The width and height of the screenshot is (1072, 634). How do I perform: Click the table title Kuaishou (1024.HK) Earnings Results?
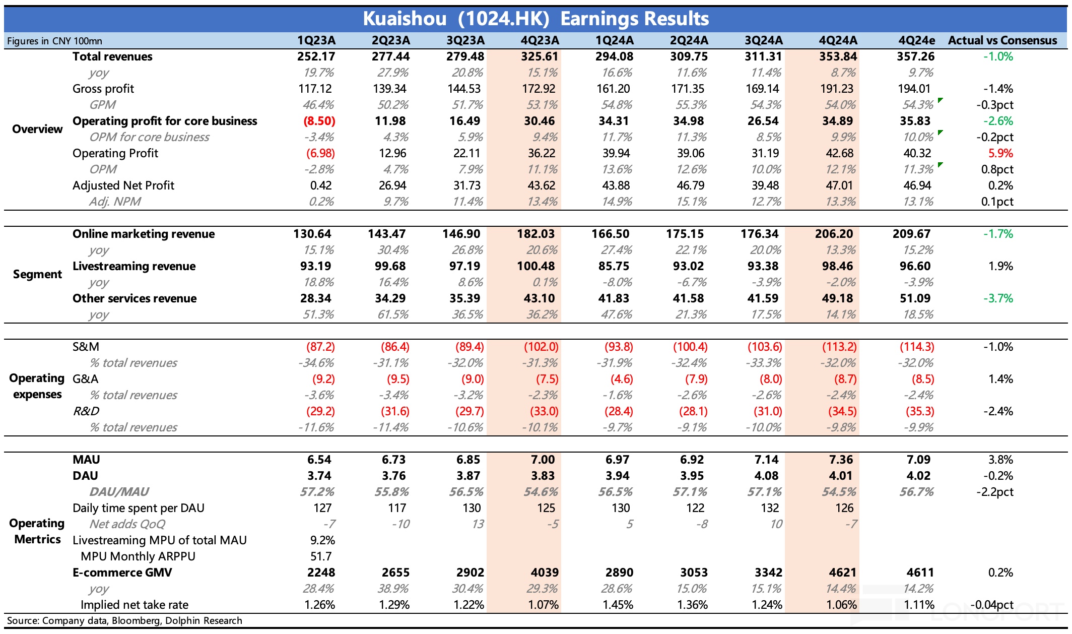pos(535,19)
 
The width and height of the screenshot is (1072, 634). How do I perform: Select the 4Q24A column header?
pos(838,40)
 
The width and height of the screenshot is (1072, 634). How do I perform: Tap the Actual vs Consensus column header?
pos(1002,40)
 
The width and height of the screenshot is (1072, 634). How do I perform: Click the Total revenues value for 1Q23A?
pos(316,56)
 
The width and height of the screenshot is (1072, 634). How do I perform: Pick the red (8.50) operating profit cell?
pos(319,121)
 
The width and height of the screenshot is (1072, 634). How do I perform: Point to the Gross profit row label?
pos(103,89)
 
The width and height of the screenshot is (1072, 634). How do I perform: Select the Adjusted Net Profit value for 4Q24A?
pos(839,185)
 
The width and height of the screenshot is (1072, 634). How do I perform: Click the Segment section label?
pos(37,274)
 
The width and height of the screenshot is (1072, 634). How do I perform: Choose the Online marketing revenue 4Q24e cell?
pos(911,234)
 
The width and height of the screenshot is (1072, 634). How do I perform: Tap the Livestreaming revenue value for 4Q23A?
pos(535,266)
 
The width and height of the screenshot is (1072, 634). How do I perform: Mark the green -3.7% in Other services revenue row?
pos(998,298)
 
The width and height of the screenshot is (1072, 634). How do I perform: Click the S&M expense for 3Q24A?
pos(765,347)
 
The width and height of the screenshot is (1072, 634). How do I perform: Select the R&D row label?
pos(86,411)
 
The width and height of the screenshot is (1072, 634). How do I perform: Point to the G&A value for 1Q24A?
pos(619,379)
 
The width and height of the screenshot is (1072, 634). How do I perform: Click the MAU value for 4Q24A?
pos(841,460)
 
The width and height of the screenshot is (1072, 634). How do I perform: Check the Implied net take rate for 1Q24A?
pos(618,605)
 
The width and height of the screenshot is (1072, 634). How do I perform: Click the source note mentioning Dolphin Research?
pos(124,620)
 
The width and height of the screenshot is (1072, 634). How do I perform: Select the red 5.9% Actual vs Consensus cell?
pos(1000,153)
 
